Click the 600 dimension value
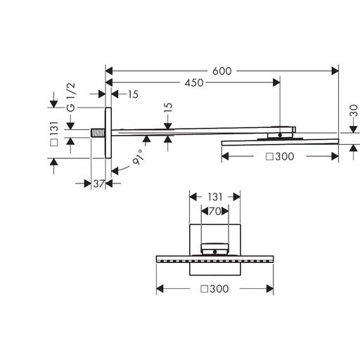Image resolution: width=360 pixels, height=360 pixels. [x=221, y=71]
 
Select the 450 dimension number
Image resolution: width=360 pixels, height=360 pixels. [x=194, y=83]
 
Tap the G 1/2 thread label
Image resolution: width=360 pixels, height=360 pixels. [x=71, y=97]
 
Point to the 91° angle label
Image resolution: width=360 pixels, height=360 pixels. [x=138, y=157]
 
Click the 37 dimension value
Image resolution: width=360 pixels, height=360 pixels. [x=99, y=184]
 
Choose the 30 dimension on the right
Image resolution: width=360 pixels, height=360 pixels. [x=354, y=110]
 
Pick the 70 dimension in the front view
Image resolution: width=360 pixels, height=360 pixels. [x=214, y=212]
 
